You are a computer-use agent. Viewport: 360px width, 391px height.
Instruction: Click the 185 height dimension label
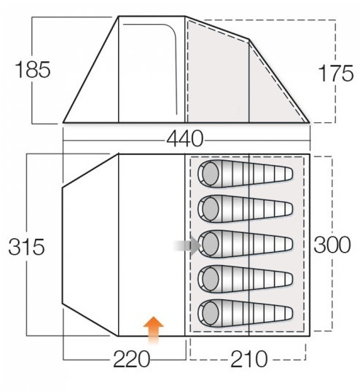33,70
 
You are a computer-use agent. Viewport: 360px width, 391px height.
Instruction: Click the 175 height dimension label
336,74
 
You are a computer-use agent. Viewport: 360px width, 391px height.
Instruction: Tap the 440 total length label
185,138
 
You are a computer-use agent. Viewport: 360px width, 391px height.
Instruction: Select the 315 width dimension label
26,247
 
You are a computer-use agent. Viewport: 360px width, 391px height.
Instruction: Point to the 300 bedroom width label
332,245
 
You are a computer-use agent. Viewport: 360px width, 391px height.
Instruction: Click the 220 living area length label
132,359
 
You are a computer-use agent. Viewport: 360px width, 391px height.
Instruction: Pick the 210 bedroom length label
249,359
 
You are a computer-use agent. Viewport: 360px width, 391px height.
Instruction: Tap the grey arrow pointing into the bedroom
187,245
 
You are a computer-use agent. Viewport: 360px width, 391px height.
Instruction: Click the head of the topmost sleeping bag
211,173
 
